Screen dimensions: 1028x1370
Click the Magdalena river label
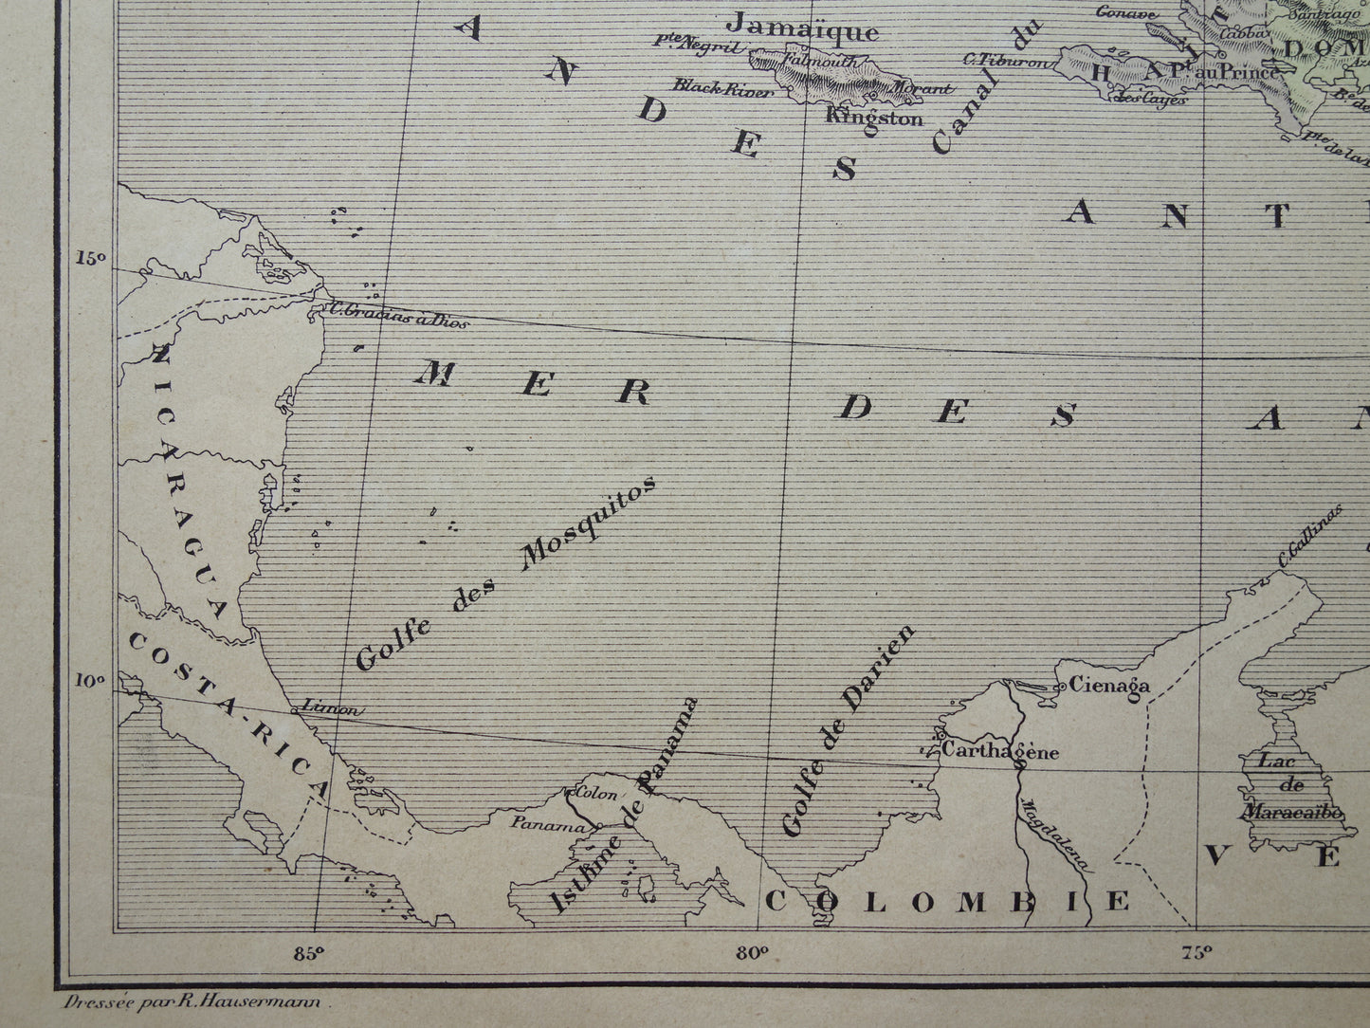(x=1052, y=835)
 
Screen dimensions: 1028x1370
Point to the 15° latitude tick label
(x=91, y=258)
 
